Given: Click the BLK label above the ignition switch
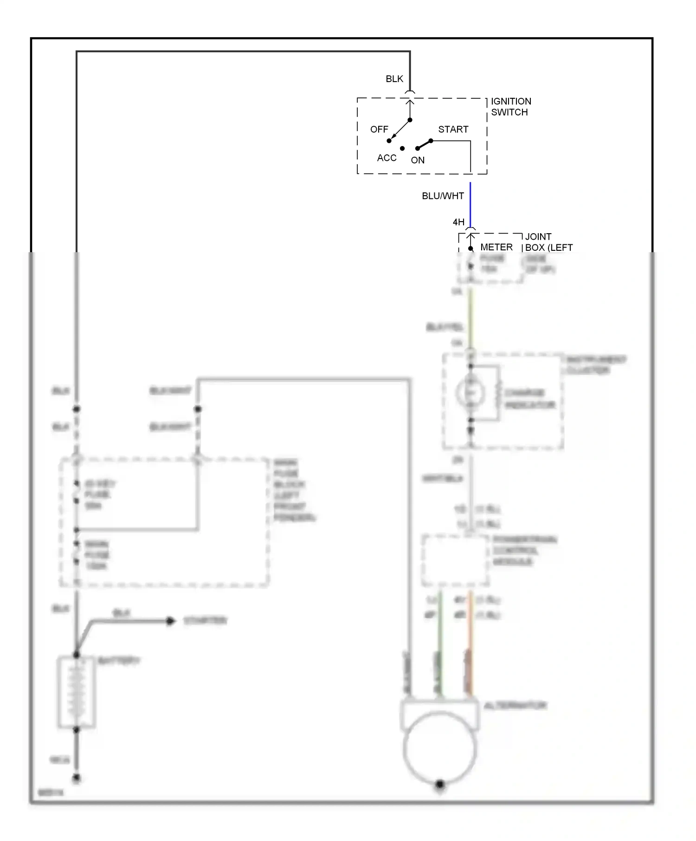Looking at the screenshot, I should (x=394, y=79).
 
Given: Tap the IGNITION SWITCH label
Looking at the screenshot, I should (x=510, y=107).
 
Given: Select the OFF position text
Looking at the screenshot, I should (x=379, y=129).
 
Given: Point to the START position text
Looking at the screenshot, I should (x=453, y=129).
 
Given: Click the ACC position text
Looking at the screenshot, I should (x=386, y=158).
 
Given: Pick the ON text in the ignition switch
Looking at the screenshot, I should (x=417, y=160).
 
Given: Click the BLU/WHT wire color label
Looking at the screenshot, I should (x=442, y=196).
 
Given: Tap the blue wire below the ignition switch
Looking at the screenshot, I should (x=470, y=204).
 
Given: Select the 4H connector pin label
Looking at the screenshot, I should (x=458, y=222).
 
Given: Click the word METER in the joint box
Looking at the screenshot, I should (x=496, y=248).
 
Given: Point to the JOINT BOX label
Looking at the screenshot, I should (x=548, y=242).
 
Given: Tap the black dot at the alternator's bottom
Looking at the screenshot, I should (x=439, y=784).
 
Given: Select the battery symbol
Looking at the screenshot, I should (x=77, y=692).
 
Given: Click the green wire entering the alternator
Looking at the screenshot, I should (x=440, y=649).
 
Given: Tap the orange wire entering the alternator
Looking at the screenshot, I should (x=470, y=649).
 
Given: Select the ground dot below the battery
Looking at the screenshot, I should (x=77, y=777).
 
